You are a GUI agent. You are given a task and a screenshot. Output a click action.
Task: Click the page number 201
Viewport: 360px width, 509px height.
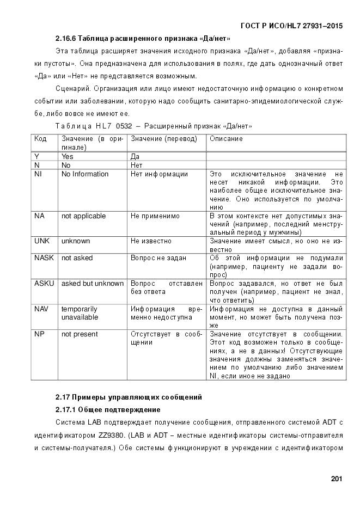coord(336,479)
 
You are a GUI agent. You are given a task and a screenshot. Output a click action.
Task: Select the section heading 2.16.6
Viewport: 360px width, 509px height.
coord(143,39)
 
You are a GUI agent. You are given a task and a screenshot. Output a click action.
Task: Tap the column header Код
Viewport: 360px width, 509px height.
coord(40,139)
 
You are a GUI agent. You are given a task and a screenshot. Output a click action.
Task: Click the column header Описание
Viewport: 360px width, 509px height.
coord(226,139)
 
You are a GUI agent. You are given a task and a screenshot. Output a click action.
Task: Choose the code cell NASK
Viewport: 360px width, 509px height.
coord(44,258)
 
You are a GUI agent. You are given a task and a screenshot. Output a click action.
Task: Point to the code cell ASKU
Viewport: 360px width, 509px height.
coord(44,284)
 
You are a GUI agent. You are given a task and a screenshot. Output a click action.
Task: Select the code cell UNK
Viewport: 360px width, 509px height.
coord(42,241)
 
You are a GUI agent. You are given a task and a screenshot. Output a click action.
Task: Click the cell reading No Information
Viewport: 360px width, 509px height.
coord(85,174)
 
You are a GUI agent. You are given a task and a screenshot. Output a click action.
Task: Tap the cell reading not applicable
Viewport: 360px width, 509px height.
coord(83,216)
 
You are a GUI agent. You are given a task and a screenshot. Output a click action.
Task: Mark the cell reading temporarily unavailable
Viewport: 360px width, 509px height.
coord(80,313)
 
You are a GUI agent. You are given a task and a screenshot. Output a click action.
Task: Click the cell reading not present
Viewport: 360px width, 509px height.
coord(80,334)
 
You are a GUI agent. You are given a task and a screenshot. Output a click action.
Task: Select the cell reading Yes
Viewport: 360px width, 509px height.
coord(68,156)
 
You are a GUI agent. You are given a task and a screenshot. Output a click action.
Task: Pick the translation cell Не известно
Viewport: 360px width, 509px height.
coord(151,241)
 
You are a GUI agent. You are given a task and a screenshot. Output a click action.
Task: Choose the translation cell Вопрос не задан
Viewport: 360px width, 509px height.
coord(158,258)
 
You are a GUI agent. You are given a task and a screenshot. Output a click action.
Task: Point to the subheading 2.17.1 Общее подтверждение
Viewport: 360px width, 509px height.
coord(108,409)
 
